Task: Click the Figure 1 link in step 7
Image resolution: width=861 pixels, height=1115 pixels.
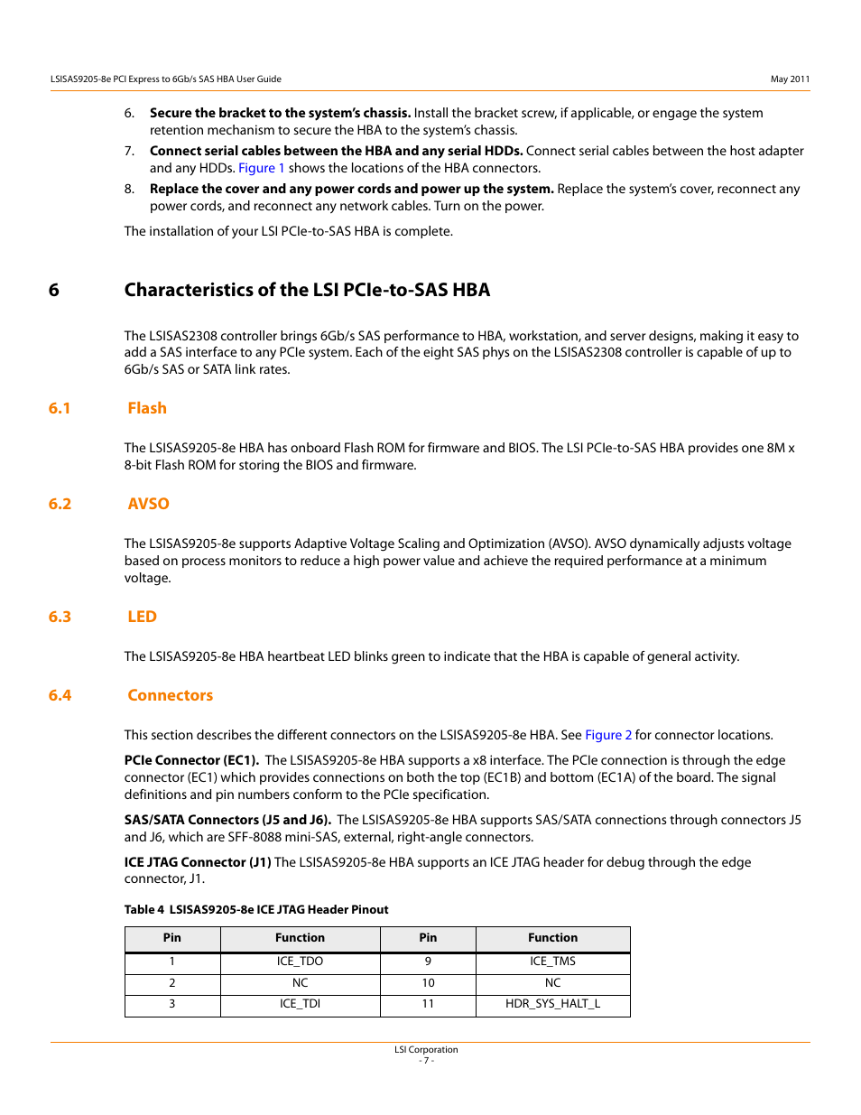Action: point(261,168)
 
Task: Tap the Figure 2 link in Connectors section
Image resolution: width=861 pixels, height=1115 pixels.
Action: point(608,735)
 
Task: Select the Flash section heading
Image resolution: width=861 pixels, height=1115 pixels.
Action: point(147,408)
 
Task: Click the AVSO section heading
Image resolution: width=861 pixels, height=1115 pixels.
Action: point(148,504)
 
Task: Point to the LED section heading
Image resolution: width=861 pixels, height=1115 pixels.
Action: point(142,617)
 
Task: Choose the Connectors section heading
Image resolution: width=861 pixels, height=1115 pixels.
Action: point(170,695)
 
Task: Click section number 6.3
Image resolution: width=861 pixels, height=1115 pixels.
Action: point(60,617)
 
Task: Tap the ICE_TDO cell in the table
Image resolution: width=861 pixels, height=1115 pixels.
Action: point(300,962)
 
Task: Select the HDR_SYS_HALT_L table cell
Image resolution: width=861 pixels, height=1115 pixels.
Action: point(552,1004)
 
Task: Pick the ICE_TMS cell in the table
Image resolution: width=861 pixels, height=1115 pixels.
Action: point(552,962)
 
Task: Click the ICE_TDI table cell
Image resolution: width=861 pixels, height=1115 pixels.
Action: point(300,1004)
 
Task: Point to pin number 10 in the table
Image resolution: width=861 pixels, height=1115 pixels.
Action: point(428,983)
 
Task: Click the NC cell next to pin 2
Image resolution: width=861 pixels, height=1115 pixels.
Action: point(300,983)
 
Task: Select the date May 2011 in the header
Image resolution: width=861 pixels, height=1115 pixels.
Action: point(790,79)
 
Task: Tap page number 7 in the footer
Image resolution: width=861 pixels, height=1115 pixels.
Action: point(426,1061)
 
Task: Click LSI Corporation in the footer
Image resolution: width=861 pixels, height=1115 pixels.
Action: point(426,1050)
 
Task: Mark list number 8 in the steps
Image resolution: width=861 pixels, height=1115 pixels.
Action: point(129,189)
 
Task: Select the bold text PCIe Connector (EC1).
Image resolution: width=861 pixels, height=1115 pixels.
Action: point(191,760)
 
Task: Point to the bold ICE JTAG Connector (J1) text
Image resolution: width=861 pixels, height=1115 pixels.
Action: point(198,862)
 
